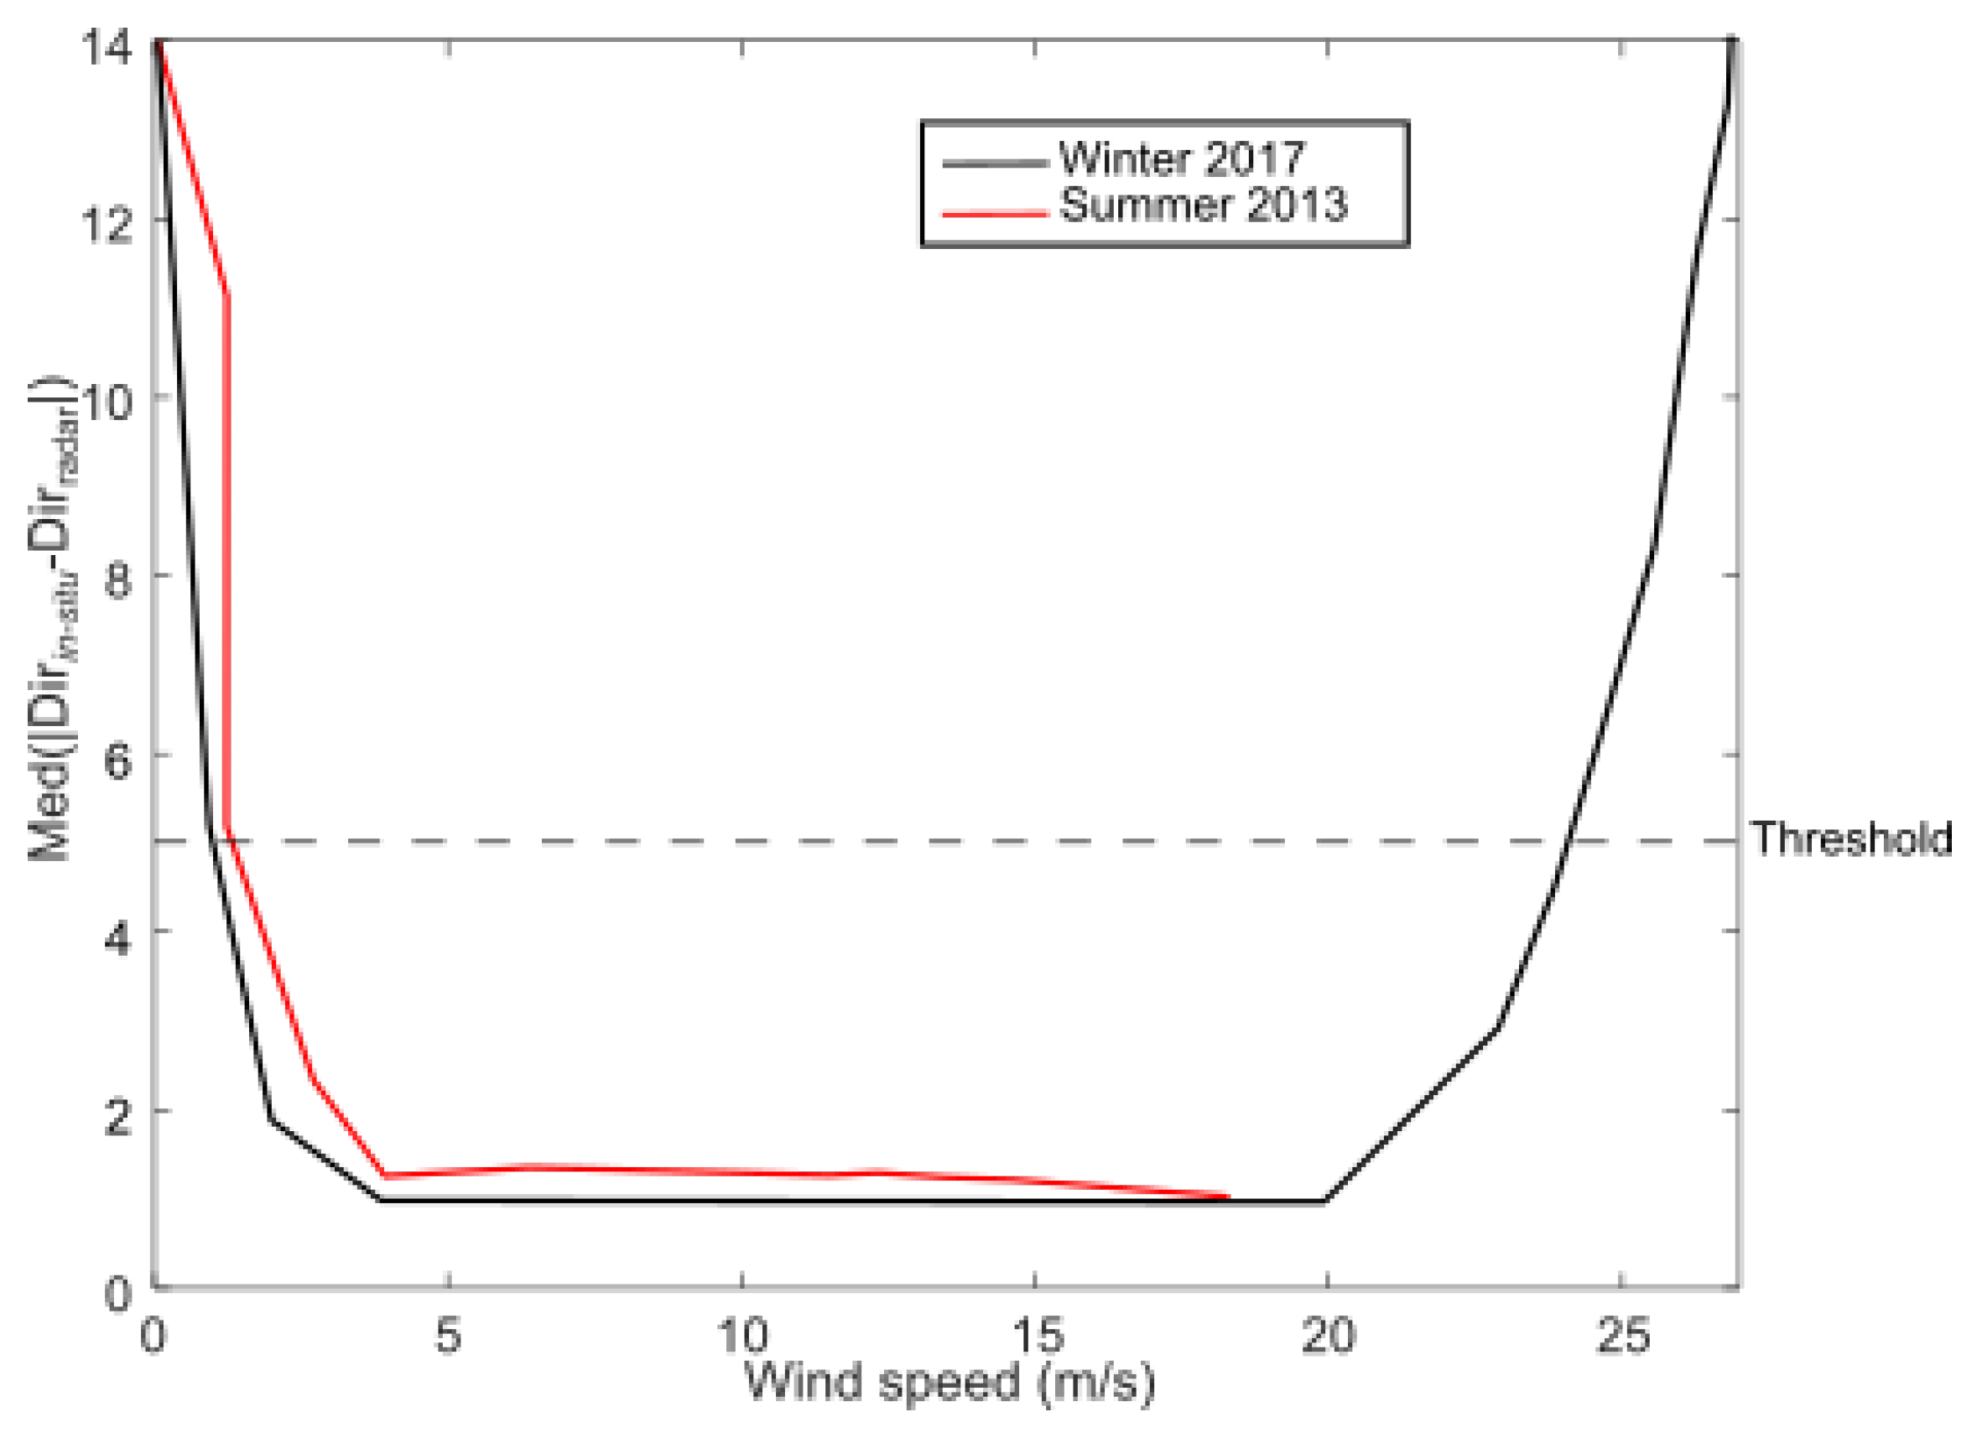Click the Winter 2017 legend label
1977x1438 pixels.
pyautogui.click(x=1181, y=158)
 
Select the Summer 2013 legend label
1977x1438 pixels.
pyautogui.click(x=1203, y=205)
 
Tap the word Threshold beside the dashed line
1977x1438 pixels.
pyautogui.click(x=1851, y=838)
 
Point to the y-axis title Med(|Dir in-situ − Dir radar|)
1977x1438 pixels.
pyautogui.click(x=54, y=619)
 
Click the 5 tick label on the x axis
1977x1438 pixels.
pyautogui.click(x=447, y=1335)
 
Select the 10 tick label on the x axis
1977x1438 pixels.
pyautogui.click(x=741, y=1335)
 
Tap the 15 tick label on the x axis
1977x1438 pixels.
pyautogui.click(x=1036, y=1335)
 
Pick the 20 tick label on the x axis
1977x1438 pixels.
pyautogui.click(x=1328, y=1335)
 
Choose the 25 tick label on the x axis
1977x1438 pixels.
pyautogui.click(x=1621, y=1335)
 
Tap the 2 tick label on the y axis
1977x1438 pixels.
pyautogui.click(x=117, y=1115)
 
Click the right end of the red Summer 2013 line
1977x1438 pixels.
pyautogui.click(x=1227, y=1197)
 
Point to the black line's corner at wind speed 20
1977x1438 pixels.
pyautogui.click(x=1325, y=1201)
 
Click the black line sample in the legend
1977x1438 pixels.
pyautogui.click(x=994, y=163)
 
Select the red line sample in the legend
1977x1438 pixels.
pyautogui.click(x=994, y=212)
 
